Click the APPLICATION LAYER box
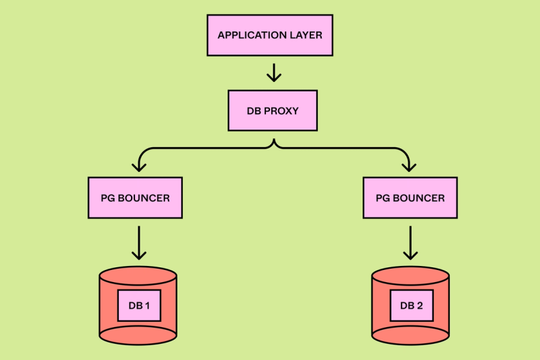[270, 35]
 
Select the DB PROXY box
[272, 110]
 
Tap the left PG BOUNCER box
[135, 197]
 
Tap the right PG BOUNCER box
[410, 197]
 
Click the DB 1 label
[139, 306]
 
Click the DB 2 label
[411, 306]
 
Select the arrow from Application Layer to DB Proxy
[273, 71]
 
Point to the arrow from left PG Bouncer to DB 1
[138, 242]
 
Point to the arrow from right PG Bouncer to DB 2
[410, 242]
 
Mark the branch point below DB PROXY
[273, 142]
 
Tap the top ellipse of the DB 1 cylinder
[138, 275]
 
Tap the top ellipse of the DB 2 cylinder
[410, 275]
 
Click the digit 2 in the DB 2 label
[420, 306]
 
